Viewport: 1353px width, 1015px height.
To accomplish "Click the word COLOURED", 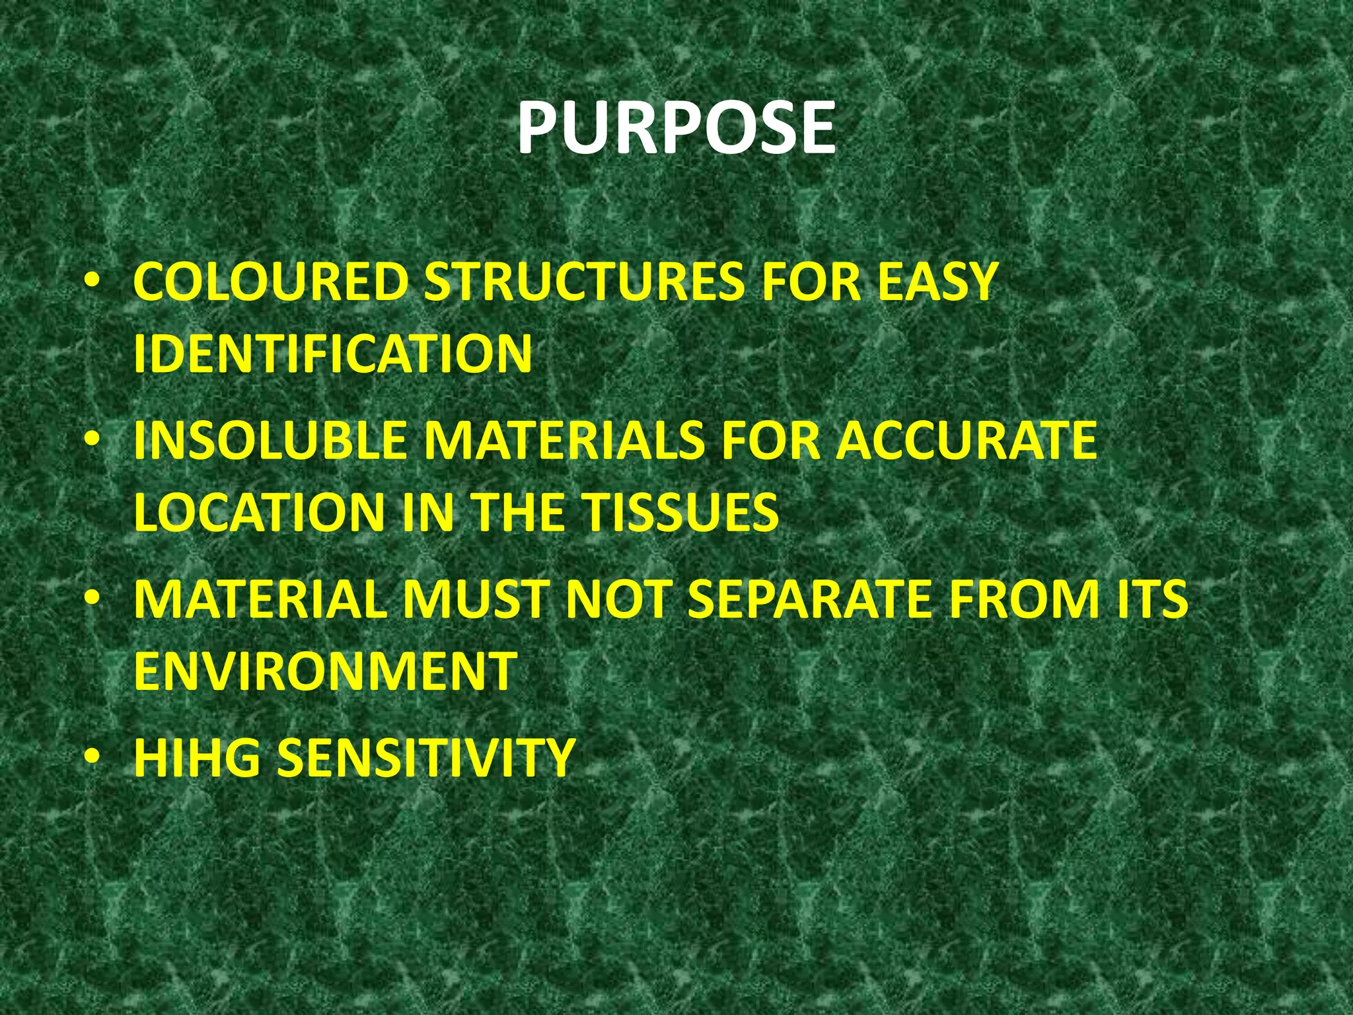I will tap(271, 282).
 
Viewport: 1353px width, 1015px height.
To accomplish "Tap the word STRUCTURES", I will tap(589, 282).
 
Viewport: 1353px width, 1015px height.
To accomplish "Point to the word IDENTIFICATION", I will tap(332, 354).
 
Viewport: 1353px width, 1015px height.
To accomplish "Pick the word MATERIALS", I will tap(565, 440).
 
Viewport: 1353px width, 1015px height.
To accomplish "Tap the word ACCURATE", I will tap(967, 440).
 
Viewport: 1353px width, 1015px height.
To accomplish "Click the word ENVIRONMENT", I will tap(325, 671).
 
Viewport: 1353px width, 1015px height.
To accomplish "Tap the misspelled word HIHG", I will tap(198, 757).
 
